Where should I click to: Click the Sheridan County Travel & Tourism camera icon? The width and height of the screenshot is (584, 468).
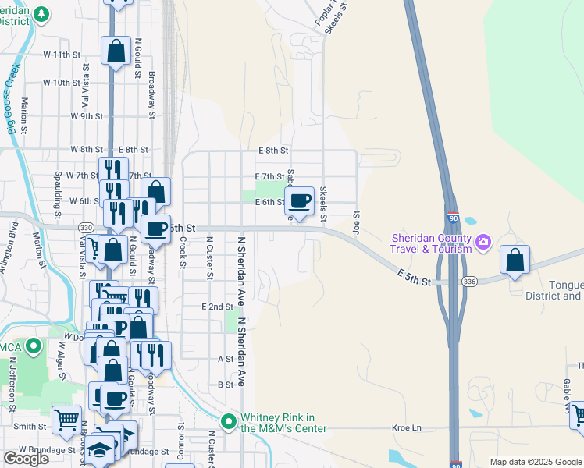click(483, 241)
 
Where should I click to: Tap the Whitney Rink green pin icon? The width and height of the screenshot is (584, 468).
click(229, 422)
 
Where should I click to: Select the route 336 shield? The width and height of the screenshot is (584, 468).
click(468, 282)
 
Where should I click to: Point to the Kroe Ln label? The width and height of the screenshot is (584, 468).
click(406, 427)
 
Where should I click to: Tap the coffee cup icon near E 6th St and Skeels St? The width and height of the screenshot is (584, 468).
click(300, 202)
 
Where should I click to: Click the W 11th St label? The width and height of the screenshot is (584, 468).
click(63, 55)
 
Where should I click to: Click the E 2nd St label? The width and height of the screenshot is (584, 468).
click(217, 307)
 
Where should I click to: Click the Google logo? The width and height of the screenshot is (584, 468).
click(26, 459)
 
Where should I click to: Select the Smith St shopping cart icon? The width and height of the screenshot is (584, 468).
click(66, 420)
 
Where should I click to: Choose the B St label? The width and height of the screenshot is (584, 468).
click(226, 385)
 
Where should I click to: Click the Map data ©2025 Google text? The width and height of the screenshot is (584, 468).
click(536, 462)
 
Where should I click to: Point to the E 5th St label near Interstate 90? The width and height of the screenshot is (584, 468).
click(414, 277)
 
